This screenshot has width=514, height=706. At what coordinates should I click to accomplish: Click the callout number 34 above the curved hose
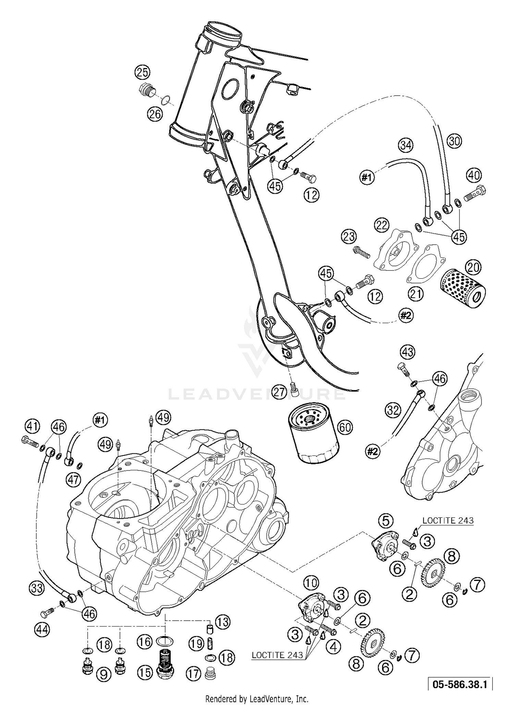tap(406, 145)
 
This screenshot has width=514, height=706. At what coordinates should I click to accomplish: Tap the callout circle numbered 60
tap(345, 427)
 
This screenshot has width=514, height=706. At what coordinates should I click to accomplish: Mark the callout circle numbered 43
tap(407, 352)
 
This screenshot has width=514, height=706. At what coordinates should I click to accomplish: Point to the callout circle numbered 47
tap(73, 479)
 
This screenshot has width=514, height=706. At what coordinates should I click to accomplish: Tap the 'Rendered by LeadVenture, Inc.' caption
tap(257, 698)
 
